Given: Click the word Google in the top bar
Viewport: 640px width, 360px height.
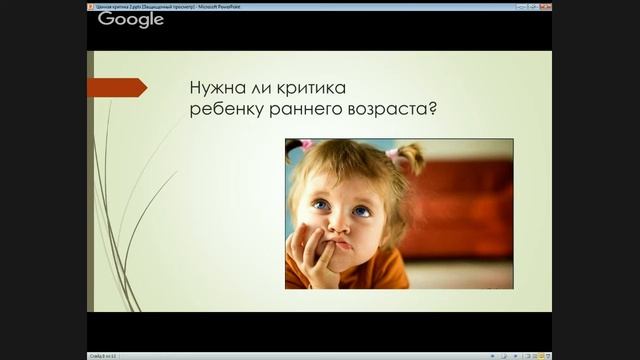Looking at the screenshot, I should point(130,19).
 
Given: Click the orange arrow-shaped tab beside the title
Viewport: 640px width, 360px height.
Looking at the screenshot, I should point(116,88).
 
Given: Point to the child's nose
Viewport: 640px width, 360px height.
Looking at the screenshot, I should point(340,225).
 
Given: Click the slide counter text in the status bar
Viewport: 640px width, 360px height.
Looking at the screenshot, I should point(104,355).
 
